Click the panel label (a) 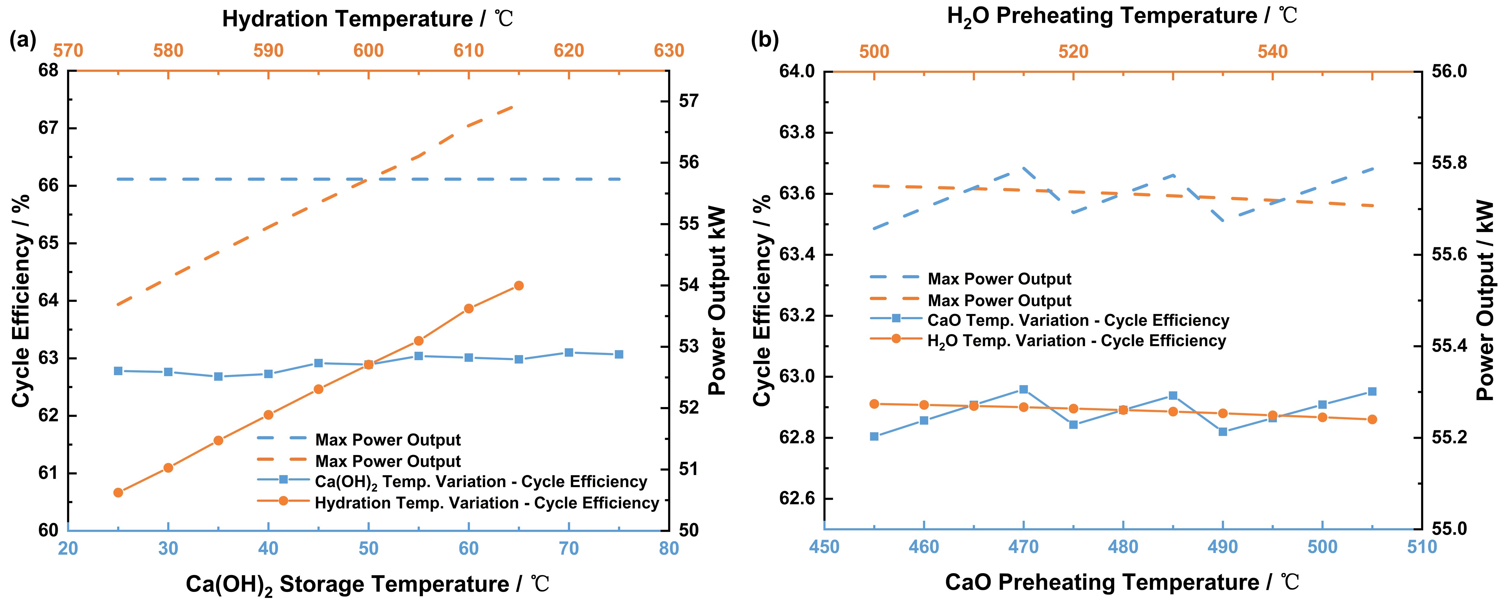23,40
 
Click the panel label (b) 765,40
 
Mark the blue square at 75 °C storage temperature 619,354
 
